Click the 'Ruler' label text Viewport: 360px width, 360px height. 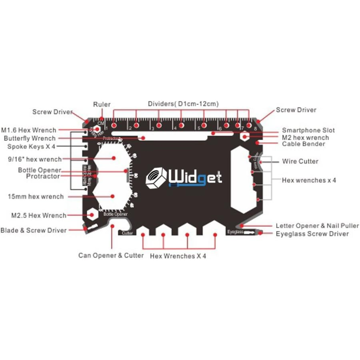(102, 104)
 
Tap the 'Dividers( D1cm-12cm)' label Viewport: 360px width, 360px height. (183, 104)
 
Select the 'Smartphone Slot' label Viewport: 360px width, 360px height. (308, 130)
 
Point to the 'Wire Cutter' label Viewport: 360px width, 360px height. (300, 161)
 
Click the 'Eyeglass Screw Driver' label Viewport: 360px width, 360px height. (312, 234)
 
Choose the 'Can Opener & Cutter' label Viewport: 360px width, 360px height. (111, 256)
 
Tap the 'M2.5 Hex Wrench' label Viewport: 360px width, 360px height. (39, 216)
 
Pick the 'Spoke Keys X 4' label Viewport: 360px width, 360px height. (31, 147)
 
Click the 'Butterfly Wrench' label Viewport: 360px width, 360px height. (30, 138)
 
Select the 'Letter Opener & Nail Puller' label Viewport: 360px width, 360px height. (317, 226)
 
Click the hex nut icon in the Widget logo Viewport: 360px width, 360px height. (156, 177)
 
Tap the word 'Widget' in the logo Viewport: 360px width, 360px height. (196, 177)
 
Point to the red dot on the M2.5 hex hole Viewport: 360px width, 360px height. (92, 215)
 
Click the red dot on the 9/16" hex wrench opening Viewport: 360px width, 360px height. (113, 158)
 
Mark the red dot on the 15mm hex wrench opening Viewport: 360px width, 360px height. (113, 196)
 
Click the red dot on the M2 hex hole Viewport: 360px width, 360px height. (245, 137)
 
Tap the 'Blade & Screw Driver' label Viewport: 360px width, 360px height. (33, 230)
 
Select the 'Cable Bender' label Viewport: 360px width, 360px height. (303, 144)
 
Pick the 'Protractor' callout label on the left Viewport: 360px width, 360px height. (43, 176)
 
